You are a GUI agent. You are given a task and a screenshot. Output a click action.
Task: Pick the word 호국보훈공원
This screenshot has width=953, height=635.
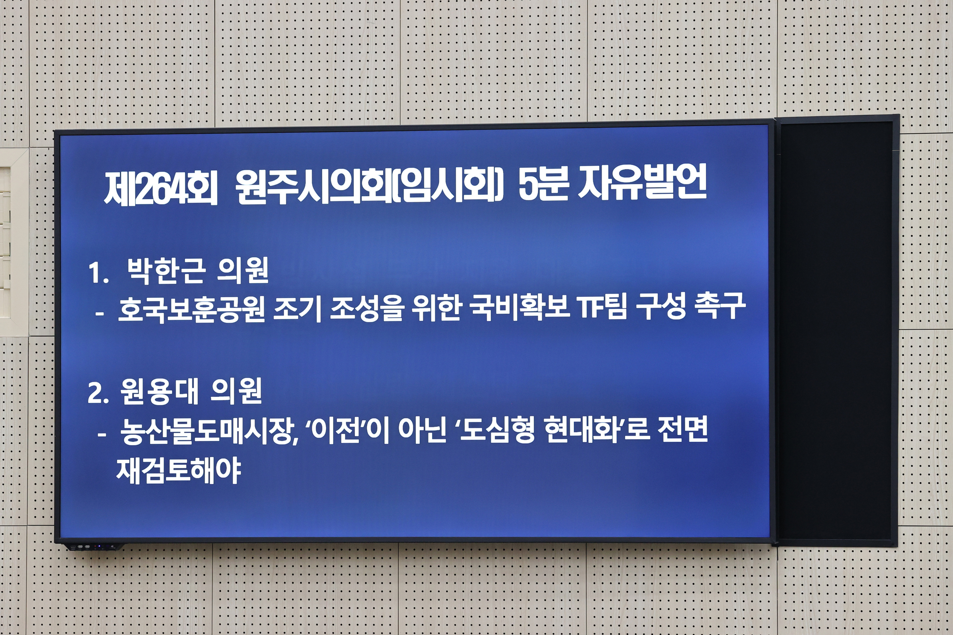coord(191,309)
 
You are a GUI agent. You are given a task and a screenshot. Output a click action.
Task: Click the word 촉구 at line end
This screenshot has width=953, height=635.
coord(720,307)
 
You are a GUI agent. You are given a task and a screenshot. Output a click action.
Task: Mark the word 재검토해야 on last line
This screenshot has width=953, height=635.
coord(178,470)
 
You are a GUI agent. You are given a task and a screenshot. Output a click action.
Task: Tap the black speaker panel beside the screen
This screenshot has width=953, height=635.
coord(835,330)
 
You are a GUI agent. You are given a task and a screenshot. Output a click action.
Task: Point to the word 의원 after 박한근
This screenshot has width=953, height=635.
coord(243,271)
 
